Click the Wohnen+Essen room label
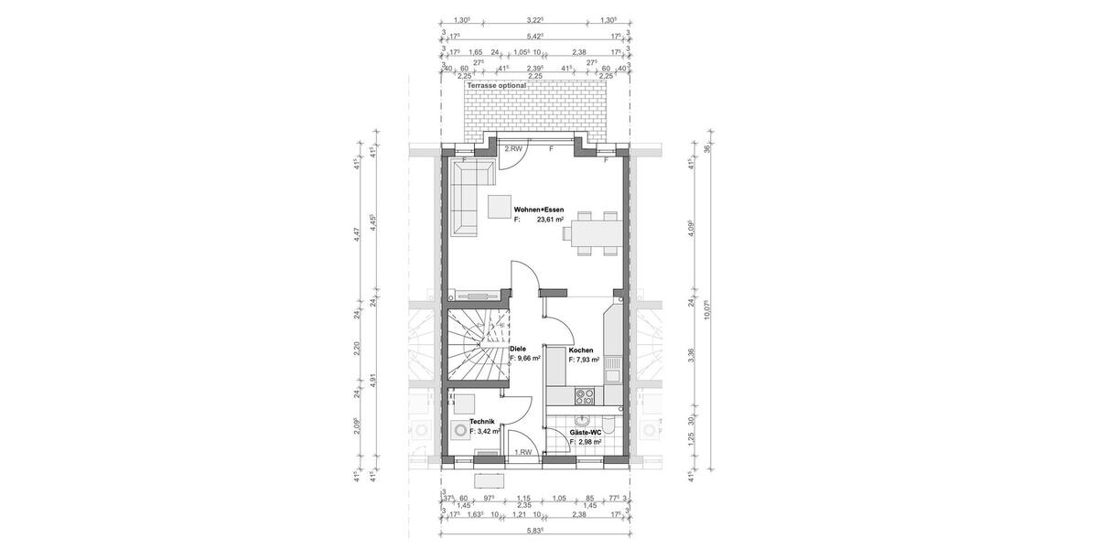coord(544,210)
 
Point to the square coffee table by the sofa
coord(500,207)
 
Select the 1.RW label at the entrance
coord(523,452)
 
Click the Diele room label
coord(517,349)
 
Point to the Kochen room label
coord(580,350)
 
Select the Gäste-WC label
coord(585,432)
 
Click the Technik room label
coord(482,421)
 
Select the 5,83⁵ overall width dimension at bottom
coord(535,530)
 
